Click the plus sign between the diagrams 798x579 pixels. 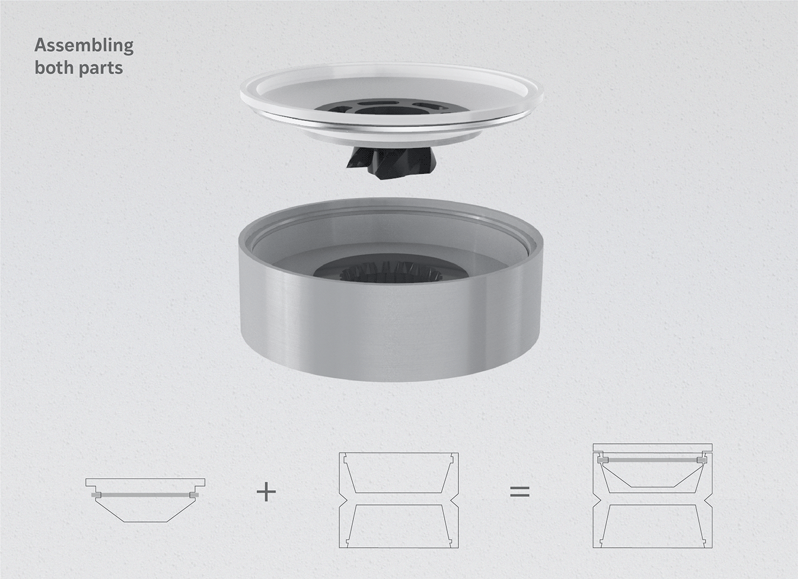pos(266,492)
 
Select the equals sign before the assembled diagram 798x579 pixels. pos(520,492)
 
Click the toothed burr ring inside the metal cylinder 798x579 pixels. pos(391,273)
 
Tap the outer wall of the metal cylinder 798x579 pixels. pos(391,331)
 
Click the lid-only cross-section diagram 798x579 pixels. pos(145,500)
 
